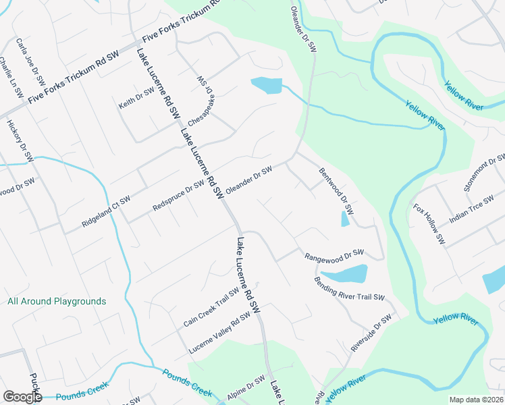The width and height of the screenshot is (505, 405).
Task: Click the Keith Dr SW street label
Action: coord(137,99)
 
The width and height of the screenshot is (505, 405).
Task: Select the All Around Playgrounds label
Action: coord(57,301)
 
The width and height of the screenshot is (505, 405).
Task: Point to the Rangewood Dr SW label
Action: coord(334,255)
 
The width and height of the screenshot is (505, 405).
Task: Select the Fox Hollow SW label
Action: coord(429,223)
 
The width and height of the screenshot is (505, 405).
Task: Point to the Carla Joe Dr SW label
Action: coord(30,61)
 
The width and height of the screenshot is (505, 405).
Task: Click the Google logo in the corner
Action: coord(22,397)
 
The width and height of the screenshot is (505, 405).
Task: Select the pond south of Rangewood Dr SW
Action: coord(345,274)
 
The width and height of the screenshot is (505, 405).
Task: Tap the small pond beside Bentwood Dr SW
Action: coord(345,219)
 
